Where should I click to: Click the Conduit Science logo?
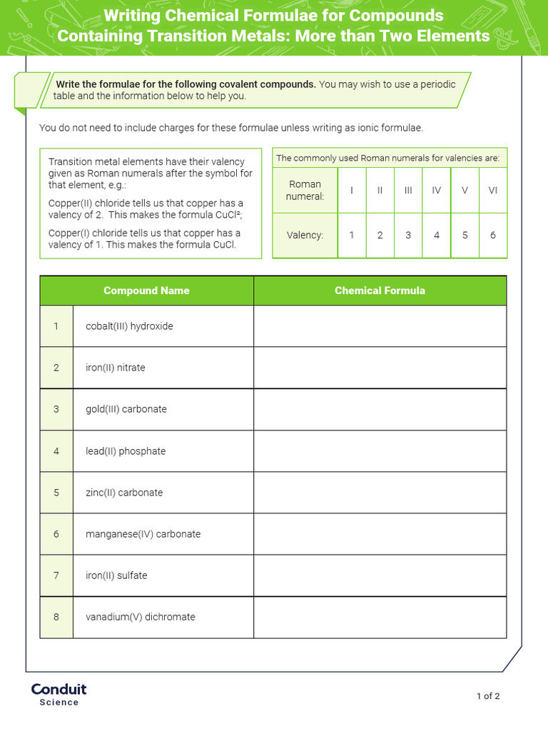[59, 694]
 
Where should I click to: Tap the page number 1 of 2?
[488, 696]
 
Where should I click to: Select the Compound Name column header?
[146, 291]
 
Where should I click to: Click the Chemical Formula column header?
[380, 291]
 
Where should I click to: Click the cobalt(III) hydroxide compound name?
[129, 326]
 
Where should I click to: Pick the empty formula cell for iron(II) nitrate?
[380, 368]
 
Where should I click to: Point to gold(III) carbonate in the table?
[126, 409]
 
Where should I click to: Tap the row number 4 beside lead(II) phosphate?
[56, 451]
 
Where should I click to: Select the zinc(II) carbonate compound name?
[124, 493]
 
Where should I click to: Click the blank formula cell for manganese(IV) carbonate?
[380, 534]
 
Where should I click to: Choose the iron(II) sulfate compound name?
[116, 575]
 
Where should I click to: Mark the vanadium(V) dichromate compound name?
[140, 617]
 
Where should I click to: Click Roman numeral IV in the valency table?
[437, 190]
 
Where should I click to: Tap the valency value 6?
[493, 235]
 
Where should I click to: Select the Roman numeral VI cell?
[493, 190]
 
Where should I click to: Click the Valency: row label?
[305, 235]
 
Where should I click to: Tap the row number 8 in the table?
[56, 617]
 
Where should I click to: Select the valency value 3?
[408, 235]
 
